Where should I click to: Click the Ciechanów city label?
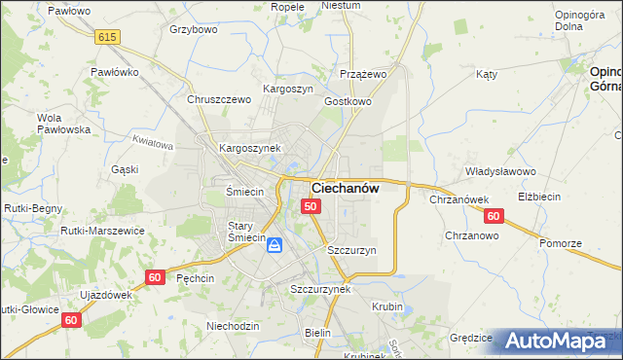pos(345,188)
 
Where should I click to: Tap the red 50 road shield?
pos(311,206)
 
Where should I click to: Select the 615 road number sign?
pos(107,37)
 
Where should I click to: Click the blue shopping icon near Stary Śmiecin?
pos(275,245)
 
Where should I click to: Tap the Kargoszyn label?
pos(288,89)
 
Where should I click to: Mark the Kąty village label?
pos(487,74)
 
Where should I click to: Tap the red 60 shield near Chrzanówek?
pos(494,216)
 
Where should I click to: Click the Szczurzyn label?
pos(351,250)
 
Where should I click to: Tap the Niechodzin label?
pos(233,326)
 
